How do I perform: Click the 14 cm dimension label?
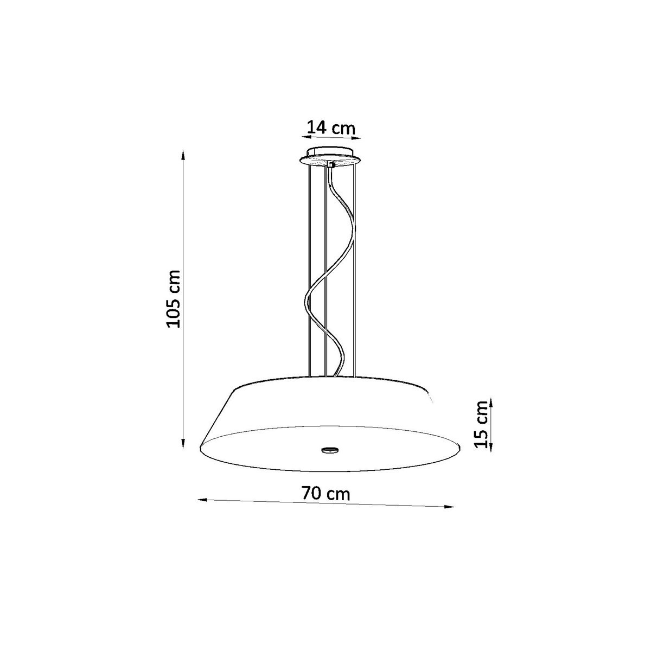331,128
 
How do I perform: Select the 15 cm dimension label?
480,424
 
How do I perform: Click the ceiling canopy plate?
330,158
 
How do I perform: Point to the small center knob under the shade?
329,449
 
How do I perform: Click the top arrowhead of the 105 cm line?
183,155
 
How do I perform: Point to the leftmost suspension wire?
308,271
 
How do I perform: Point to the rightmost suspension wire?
355,271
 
